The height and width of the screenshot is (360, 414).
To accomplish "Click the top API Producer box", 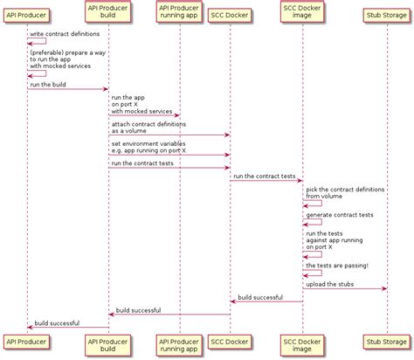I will (x=26, y=14).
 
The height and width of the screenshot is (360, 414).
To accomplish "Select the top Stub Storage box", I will (x=386, y=14).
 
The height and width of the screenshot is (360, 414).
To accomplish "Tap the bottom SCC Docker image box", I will (x=303, y=344).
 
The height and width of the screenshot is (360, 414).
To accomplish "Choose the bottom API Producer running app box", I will (x=180, y=344).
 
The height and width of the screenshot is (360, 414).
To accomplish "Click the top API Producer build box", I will (x=108, y=14).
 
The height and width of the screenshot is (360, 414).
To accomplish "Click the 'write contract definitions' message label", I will (x=65, y=33).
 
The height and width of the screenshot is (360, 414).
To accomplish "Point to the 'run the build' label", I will (x=50, y=84).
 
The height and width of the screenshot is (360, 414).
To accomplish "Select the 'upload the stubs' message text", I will (x=330, y=284).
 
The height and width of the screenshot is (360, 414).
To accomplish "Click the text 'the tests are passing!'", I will (x=337, y=265).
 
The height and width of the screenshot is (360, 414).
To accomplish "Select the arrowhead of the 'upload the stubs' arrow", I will (x=383, y=289).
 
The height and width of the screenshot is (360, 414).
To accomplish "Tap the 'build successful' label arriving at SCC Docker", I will (x=259, y=297).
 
